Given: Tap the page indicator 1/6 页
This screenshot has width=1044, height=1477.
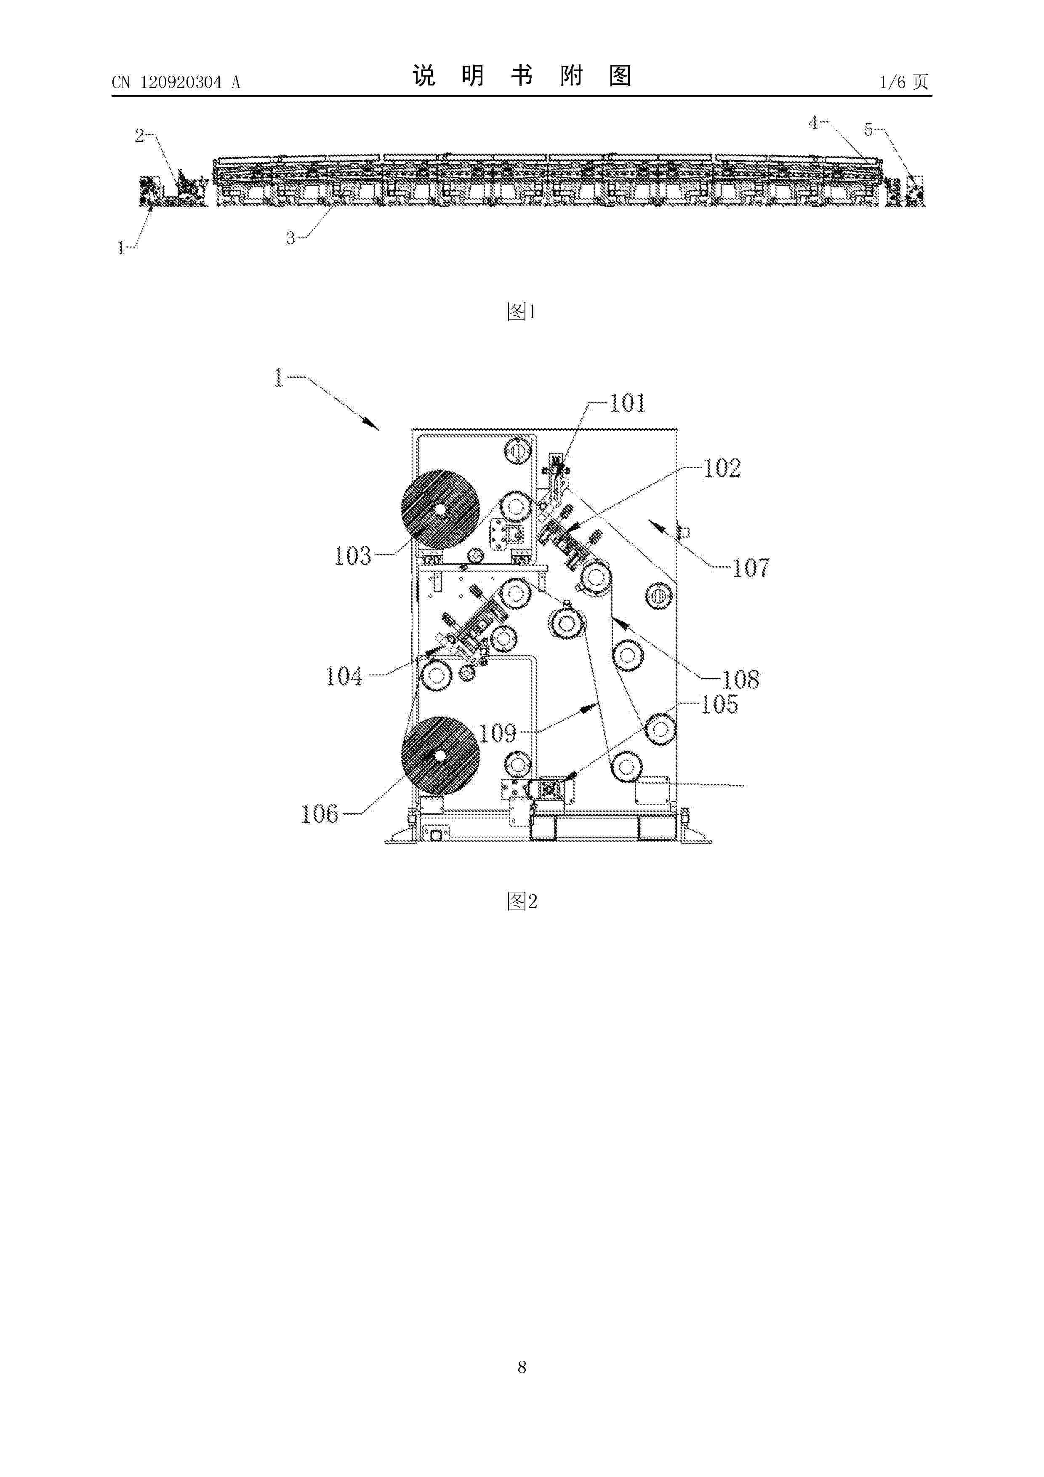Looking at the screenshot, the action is pyautogui.click(x=904, y=82).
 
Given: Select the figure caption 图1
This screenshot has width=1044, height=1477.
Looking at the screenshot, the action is pyautogui.click(x=522, y=312).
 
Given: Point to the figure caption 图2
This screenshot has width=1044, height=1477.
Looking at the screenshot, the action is pyautogui.click(x=522, y=901).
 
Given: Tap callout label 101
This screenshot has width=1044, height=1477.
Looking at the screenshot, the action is pyautogui.click(x=627, y=403).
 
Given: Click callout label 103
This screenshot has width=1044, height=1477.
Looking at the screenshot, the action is pyautogui.click(x=352, y=556).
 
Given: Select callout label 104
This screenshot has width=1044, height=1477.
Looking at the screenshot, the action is pyautogui.click(x=344, y=676).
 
